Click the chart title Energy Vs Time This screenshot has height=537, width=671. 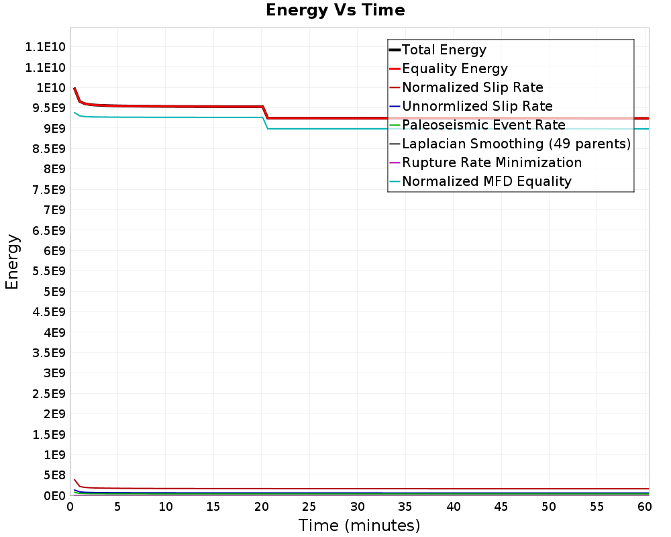(x=335, y=10)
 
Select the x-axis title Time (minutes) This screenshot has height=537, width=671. (x=359, y=525)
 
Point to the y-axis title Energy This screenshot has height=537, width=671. (x=11, y=262)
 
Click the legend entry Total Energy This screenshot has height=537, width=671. (x=444, y=50)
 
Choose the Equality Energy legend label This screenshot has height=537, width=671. (x=454, y=68)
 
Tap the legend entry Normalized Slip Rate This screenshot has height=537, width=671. (x=472, y=87)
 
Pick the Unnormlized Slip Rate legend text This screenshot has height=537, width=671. (x=477, y=106)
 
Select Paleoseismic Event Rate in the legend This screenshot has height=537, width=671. (x=483, y=125)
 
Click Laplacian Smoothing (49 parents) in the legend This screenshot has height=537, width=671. (x=516, y=144)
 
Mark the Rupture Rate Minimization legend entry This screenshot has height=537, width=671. (x=492, y=162)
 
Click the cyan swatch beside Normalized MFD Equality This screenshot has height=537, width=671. (x=395, y=181)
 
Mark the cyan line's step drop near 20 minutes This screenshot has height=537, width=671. (x=266, y=123)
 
